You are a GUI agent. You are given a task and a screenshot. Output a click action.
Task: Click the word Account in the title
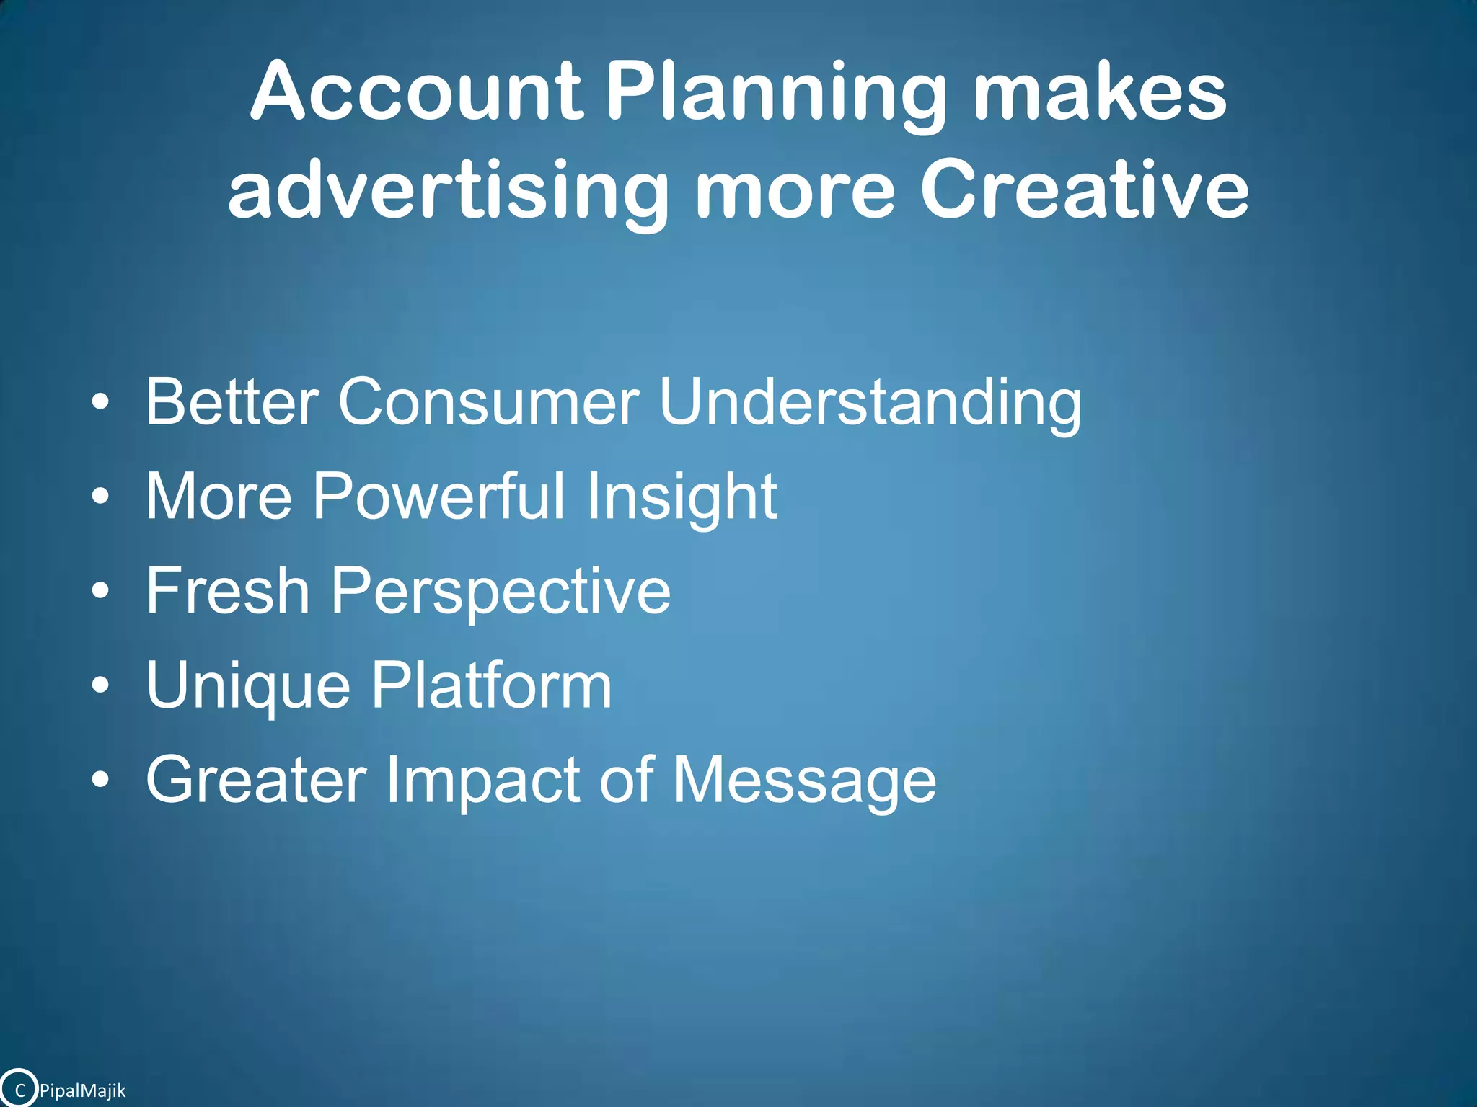[416, 92]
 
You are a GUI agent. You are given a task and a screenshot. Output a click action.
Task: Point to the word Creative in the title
[1084, 189]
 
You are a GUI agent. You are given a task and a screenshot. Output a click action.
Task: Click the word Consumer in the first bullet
[488, 401]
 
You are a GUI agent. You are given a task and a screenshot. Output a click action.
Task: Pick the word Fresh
[227, 590]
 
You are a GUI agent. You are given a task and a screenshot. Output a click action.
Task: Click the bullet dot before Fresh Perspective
[101, 592]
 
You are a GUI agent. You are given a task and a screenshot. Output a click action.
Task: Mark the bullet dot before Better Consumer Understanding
[101, 402]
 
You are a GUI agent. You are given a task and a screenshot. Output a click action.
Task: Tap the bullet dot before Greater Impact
[101, 780]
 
